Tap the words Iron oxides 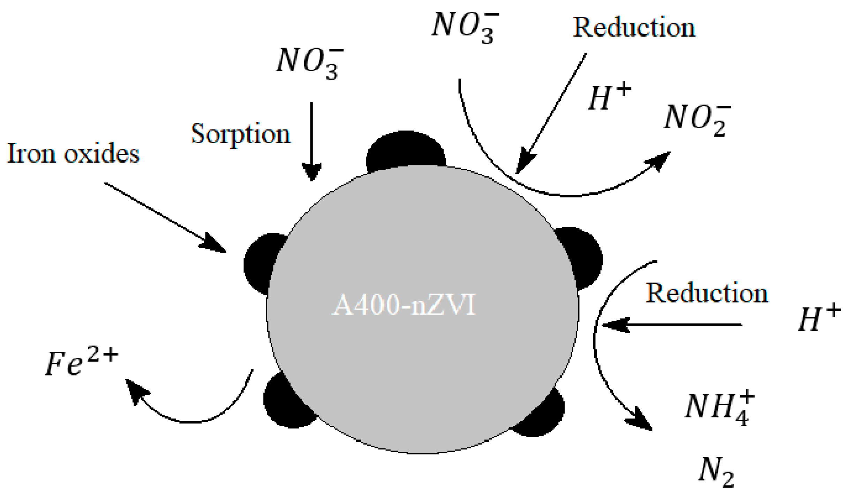(x=73, y=154)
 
